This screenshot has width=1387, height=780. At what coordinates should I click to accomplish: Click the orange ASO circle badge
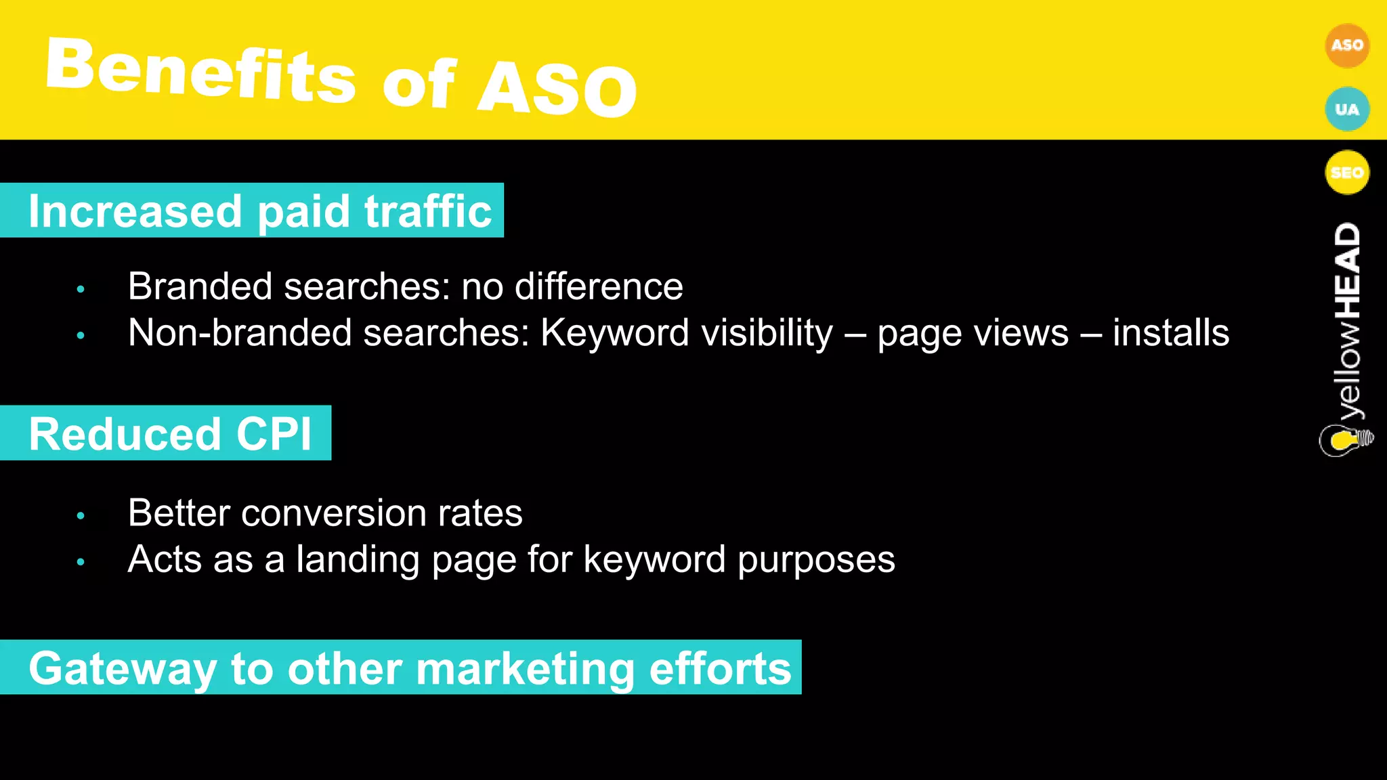tap(1346, 45)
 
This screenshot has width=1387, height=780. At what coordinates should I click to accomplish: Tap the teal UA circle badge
tap(1346, 109)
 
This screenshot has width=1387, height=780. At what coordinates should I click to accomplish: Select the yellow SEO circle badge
tap(1346, 172)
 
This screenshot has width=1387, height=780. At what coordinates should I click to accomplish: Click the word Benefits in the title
tap(200, 70)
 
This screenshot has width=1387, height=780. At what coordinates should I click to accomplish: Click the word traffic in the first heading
tap(428, 211)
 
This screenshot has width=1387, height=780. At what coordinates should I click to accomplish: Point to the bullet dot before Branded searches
tap(81, 289)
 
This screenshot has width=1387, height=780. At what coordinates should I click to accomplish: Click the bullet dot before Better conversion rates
tap(81, 516)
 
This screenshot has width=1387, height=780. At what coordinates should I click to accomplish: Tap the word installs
tap(1171, 332)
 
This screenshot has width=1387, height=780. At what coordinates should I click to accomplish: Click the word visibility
tap(755, 332)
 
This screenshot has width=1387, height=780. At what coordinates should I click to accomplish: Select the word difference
tap(599, 286)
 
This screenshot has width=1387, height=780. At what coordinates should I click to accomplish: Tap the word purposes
tap(816, 560)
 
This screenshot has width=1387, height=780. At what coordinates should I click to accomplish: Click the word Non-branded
tap(240, 332)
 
